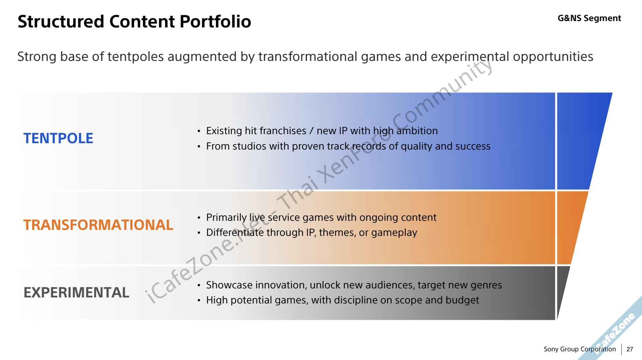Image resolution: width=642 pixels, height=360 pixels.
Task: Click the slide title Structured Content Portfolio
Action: click(134, 22)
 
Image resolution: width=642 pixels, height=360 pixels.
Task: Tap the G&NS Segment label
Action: click(589, 18)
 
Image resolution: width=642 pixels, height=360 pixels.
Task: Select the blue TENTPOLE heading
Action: click(58, 138)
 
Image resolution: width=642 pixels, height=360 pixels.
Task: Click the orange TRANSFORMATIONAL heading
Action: click(98, 225)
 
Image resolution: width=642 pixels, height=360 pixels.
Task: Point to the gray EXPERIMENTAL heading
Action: click(76, 292)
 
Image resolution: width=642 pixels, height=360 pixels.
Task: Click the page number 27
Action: click(630, 349)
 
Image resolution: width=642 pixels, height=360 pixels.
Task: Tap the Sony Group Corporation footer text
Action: click(580, 349)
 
